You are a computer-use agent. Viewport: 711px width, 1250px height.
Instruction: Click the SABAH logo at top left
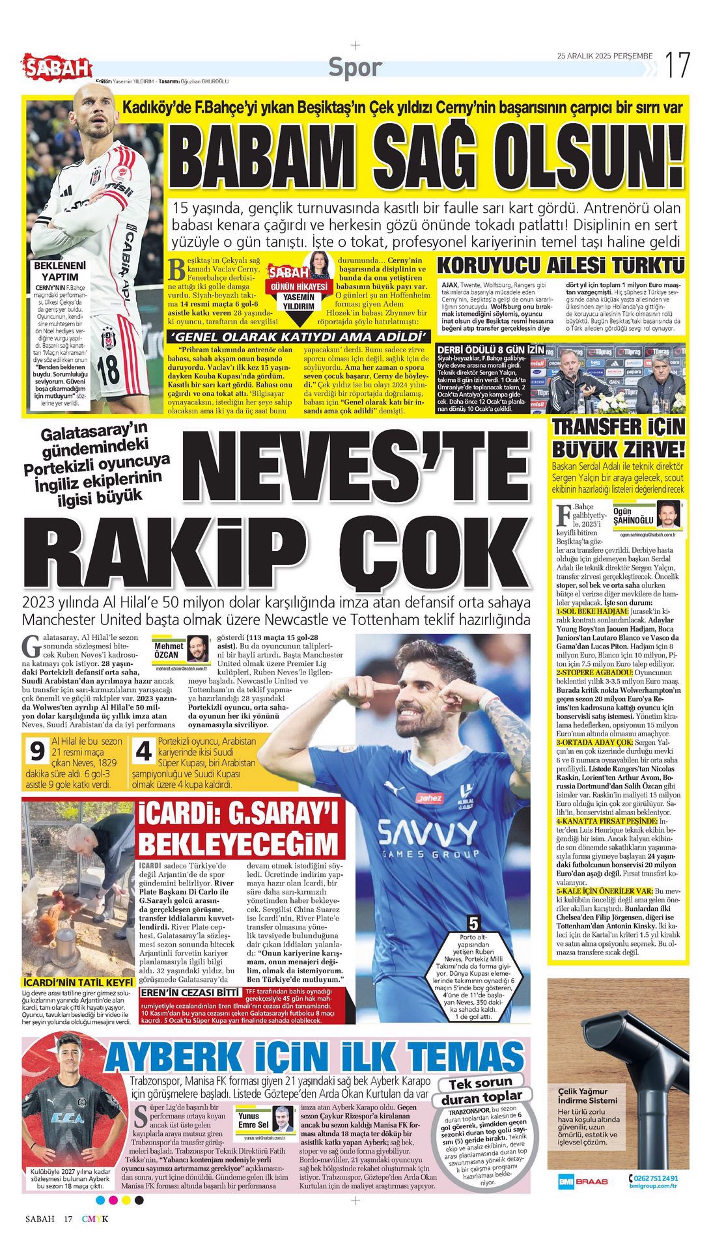click(x=57, y=66)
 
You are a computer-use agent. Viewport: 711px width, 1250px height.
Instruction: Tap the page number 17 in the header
click(x=676, y=65)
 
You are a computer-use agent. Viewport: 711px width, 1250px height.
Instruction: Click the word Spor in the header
click(x=355, y=67)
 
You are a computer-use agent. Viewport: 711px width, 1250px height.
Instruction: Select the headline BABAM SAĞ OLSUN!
click(x=430, y=160)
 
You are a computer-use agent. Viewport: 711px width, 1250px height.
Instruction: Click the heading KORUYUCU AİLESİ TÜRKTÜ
click(x=561, y=266)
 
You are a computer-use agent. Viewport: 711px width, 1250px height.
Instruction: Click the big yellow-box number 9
click(x=36, y=751)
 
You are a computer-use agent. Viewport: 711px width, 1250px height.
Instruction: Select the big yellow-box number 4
click(x=143, y=751)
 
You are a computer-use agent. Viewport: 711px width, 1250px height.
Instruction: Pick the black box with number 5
click(x=473, y=923)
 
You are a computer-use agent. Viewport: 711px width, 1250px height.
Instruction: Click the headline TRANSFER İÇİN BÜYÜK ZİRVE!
click(x=618, y=438)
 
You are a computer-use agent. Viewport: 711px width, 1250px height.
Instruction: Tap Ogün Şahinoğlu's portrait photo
click(x=669, y=516)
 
